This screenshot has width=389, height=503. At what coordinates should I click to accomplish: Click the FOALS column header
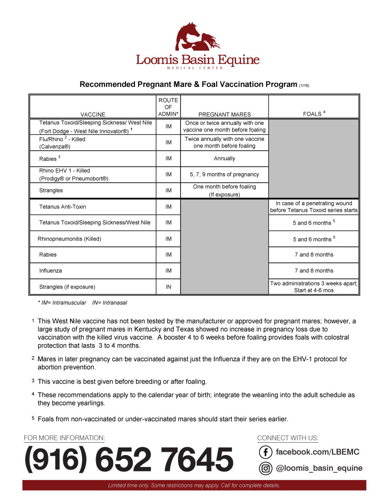point(314,113)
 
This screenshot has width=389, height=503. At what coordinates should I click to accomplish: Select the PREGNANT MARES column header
point(224,114)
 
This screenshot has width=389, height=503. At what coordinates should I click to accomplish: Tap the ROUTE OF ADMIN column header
point(168,107)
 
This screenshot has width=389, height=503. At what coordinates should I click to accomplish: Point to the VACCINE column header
point(93,114)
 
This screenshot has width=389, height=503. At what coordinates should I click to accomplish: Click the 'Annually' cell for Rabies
point(224,159)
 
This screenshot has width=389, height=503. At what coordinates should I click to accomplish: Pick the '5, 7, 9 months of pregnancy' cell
point(224,174)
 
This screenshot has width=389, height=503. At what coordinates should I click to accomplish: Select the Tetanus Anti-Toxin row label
point(63,207)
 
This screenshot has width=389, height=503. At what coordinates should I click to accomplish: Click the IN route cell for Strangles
point(168,287)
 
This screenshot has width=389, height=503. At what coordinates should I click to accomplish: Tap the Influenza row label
point(50,271)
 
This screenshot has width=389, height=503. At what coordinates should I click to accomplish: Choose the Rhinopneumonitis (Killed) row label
point(69,239)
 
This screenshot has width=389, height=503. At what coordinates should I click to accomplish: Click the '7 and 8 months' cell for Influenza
point(314,271)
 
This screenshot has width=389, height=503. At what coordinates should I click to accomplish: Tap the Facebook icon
point(265,452)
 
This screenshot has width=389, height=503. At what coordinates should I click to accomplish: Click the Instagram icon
point(265,468)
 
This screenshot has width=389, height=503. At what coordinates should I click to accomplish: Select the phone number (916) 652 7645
point(129,460)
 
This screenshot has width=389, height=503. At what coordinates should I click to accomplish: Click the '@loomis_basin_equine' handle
point(319,468)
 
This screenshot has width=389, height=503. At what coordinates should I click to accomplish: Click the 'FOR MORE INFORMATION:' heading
point(65,438)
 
